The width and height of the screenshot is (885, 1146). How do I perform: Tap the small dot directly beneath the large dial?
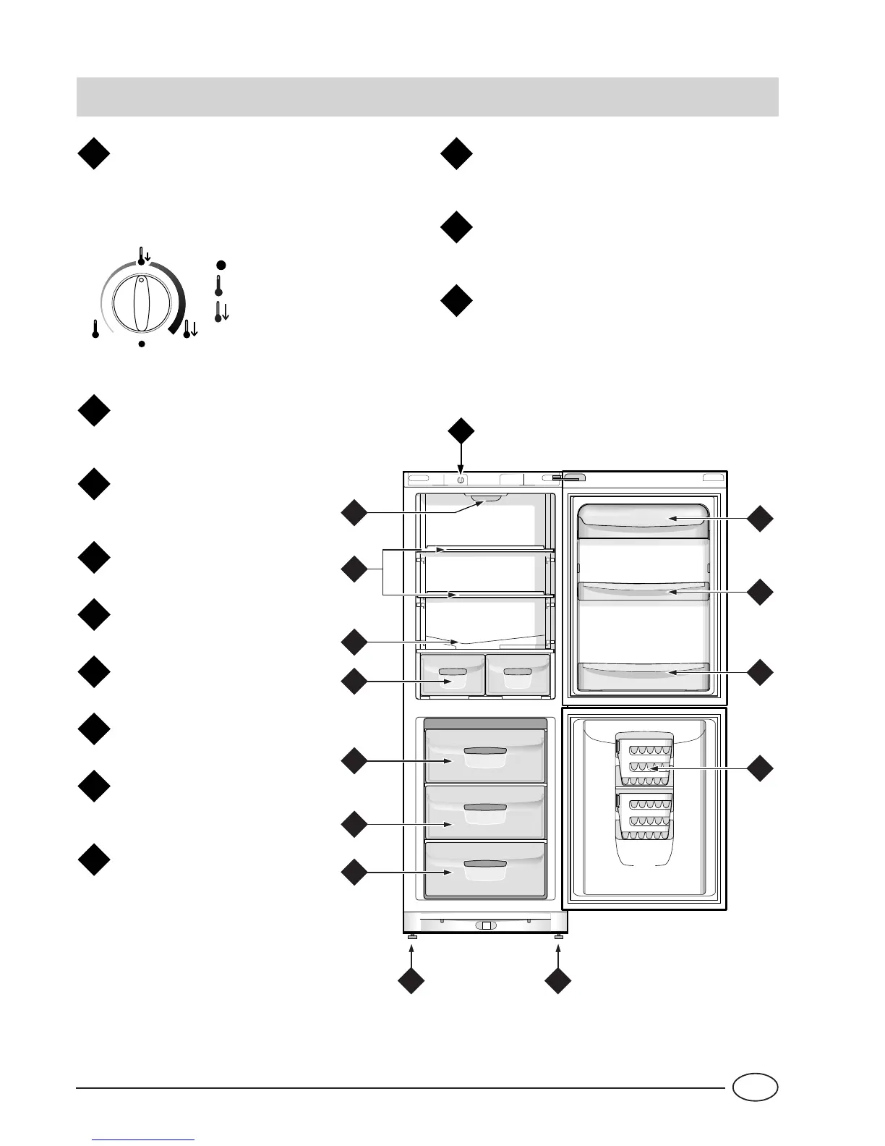(x=142, y=344)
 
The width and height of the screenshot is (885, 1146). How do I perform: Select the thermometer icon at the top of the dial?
(x=143, y=255)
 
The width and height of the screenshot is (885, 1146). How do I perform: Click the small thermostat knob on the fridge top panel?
(x=461, y=479)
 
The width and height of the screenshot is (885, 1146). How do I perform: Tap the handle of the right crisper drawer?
(x=518, y=672)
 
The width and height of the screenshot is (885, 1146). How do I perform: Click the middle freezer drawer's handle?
(x=484, y=807)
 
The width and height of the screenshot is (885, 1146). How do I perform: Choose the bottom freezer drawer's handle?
(x=484, y=864)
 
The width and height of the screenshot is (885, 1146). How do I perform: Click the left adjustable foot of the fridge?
(x=411, y=938)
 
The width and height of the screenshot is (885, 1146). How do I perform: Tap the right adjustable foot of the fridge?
(x=558, y=938)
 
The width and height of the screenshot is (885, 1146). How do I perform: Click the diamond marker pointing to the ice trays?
(x=760, y=768)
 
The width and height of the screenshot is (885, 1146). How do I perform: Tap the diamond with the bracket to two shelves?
(x=354, y=570)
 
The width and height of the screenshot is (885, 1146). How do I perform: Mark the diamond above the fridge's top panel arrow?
(x=461, y=431)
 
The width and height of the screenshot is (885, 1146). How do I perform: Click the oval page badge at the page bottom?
(x=754, y=1087)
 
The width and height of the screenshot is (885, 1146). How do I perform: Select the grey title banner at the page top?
(x=427, y=97)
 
